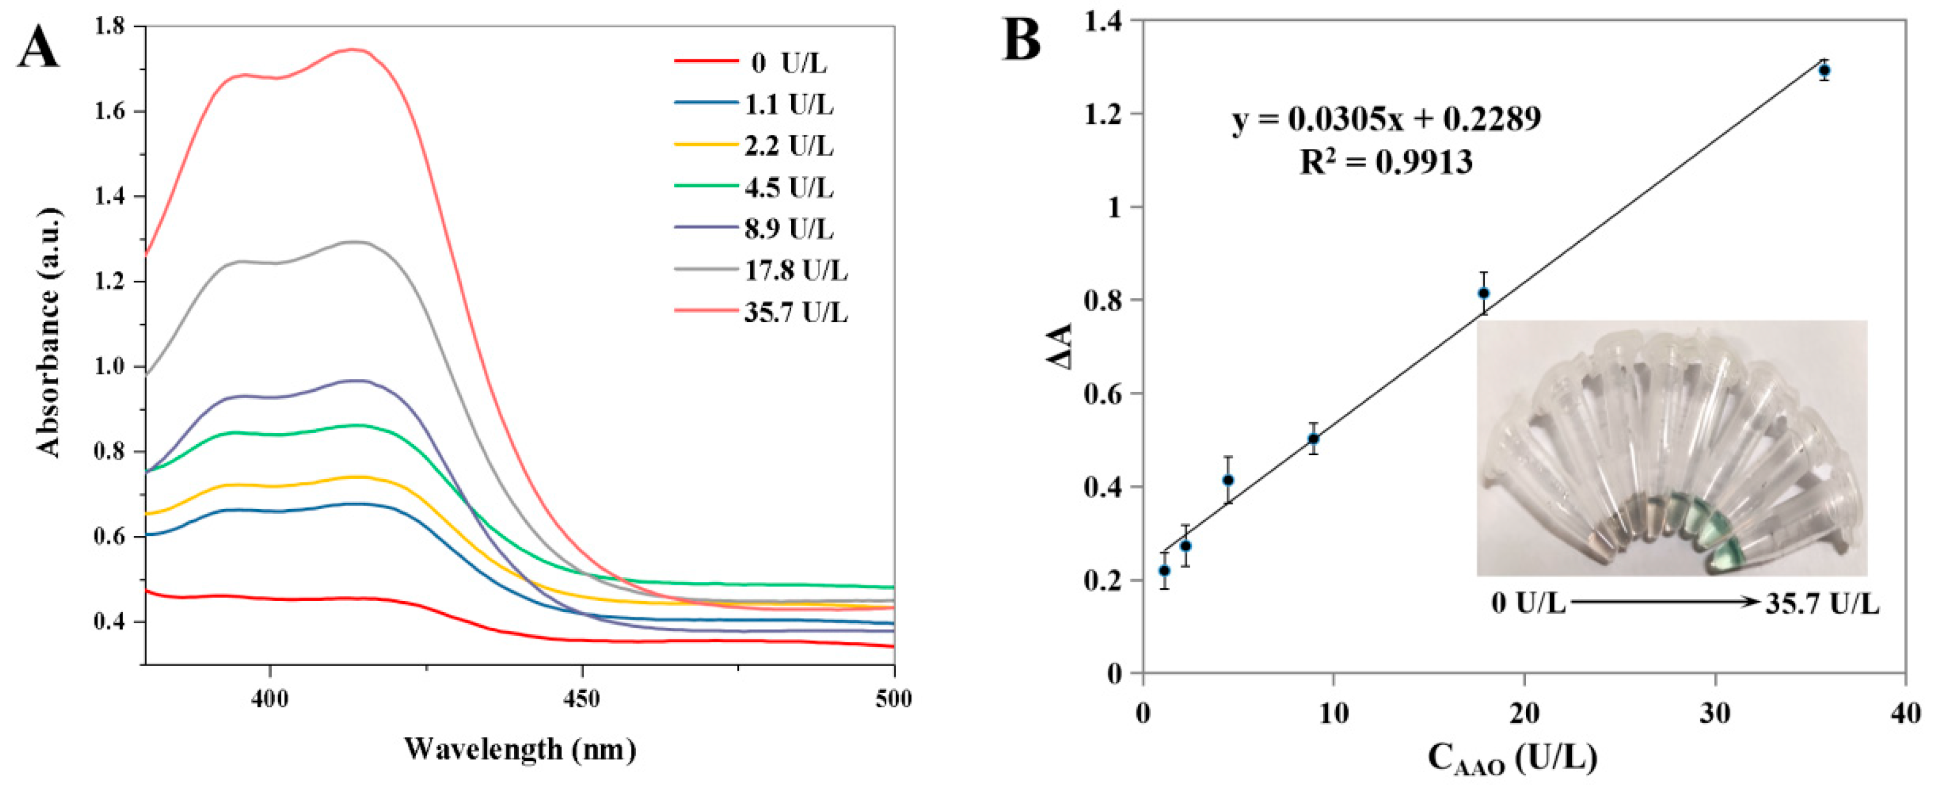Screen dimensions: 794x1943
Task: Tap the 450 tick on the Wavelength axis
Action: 581,698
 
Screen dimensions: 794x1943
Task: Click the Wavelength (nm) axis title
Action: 520,749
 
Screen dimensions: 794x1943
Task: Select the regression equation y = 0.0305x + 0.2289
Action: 1387,119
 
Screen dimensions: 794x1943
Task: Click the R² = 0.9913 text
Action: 1387,162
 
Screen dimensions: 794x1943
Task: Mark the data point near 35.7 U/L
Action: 1824,71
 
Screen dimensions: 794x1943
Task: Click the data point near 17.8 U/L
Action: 1484,293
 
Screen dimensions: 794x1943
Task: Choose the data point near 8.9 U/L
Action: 1313,438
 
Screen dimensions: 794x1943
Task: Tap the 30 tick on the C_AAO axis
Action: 1715,713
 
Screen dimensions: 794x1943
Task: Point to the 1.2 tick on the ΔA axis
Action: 1112,115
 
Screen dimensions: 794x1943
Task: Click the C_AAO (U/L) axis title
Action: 1513,759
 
